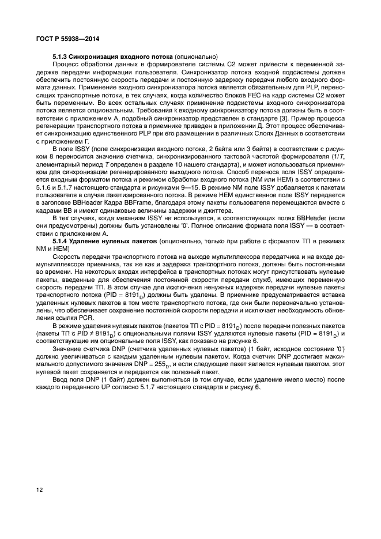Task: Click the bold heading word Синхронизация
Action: click(93, 56)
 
